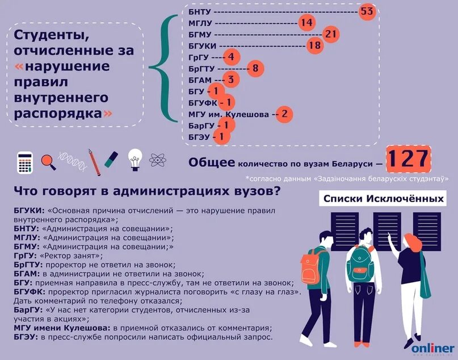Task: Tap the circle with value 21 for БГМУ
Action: click(331, 34)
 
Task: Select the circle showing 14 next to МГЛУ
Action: click(306, 23)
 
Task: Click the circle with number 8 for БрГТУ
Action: click(255, 69)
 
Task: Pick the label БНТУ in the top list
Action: click(200, 11)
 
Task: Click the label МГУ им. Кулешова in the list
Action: click(228, 114)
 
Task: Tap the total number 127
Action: click(408, 159)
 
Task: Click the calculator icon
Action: click(25, 162)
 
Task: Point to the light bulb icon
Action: click(135, 159)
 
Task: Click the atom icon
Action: click(157, 160)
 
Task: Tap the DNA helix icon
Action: click(73, 161)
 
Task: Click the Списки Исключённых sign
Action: click(383, 199)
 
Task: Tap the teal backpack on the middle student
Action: click(360, 260)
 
